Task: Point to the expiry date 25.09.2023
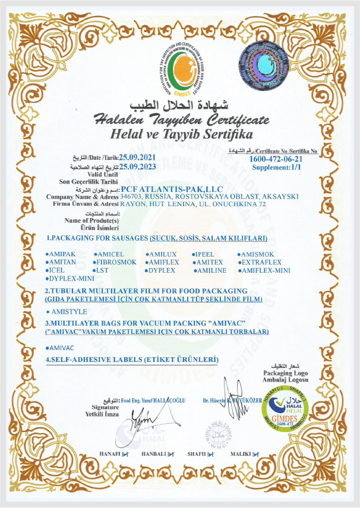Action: [140, 167]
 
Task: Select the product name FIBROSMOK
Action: [118, 262]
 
